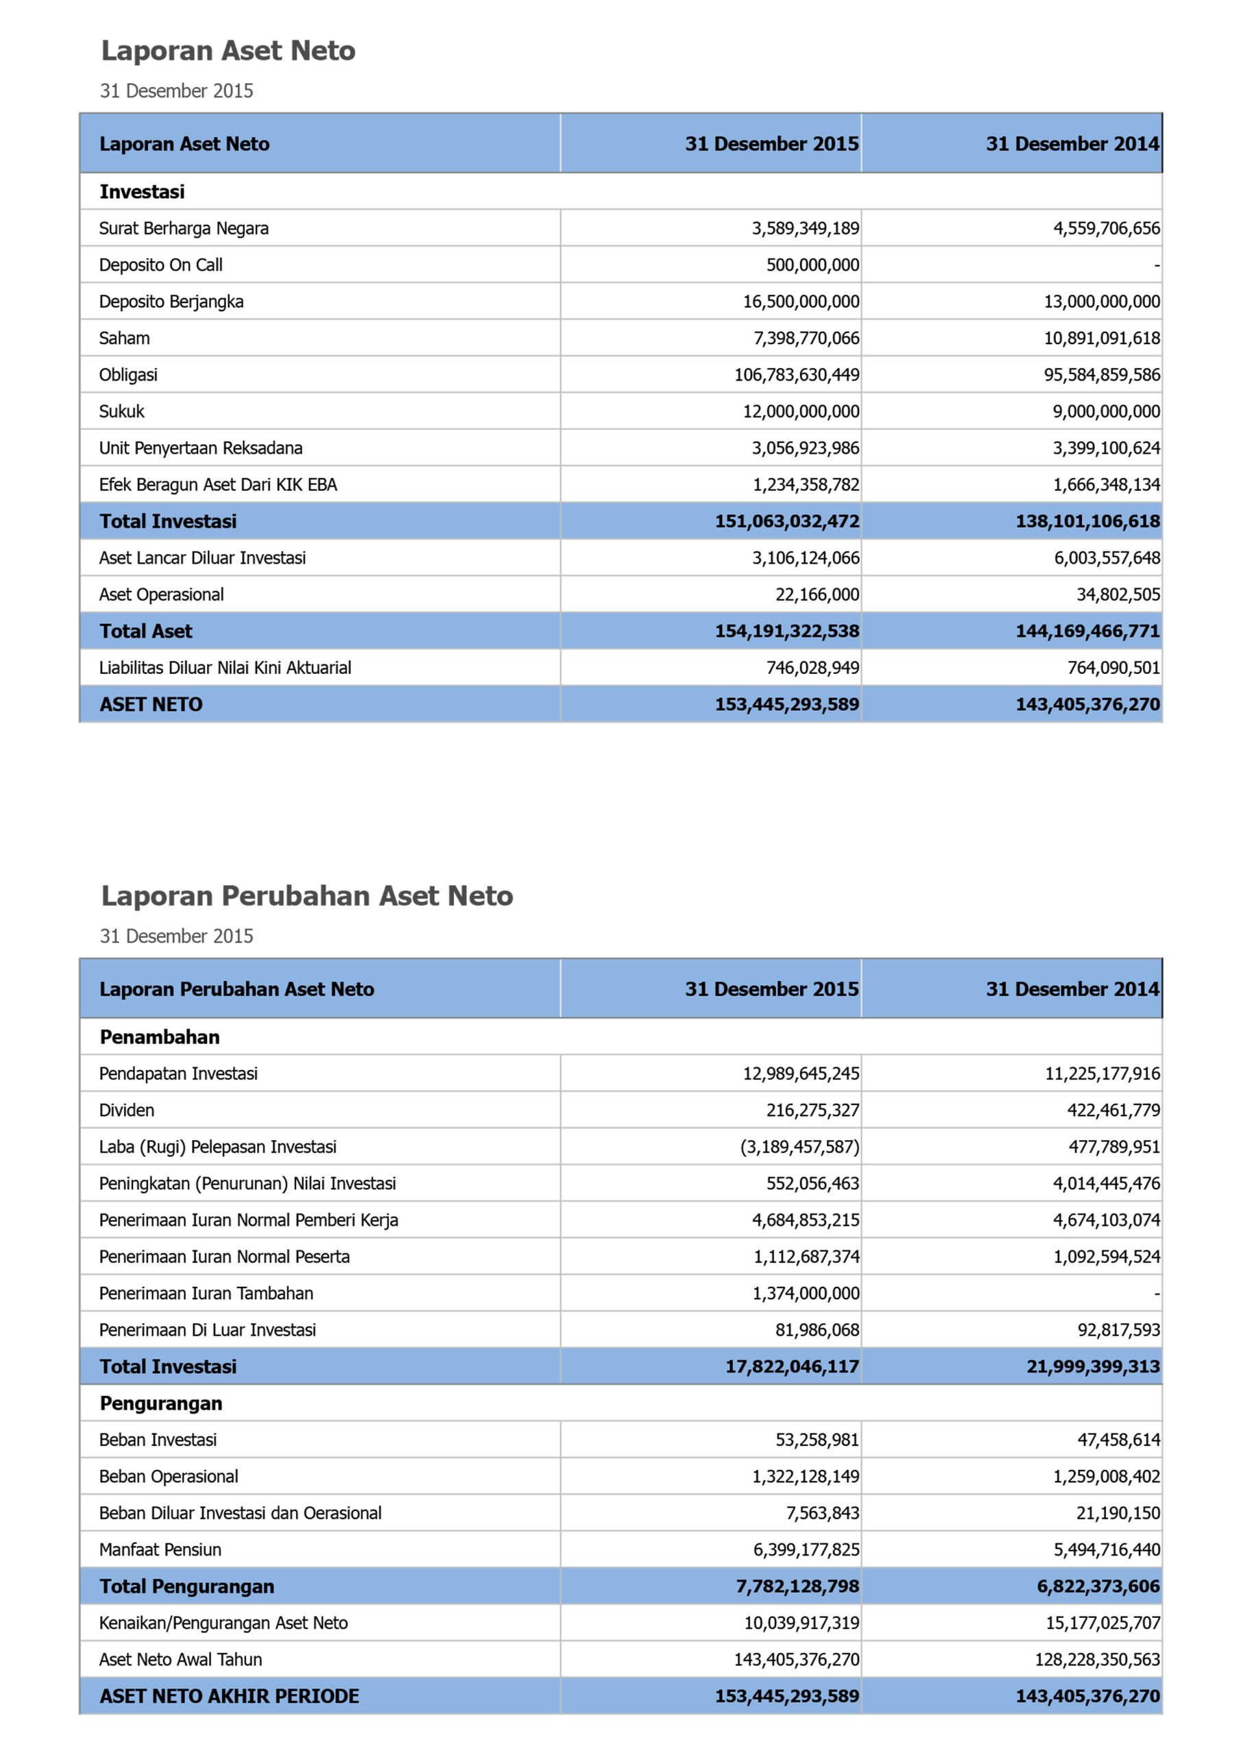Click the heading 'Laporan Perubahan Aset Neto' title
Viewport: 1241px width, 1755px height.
tap(306, 895)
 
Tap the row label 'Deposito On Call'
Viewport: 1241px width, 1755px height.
tap(160, 265)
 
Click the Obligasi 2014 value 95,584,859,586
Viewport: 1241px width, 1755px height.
tap(1102, 374)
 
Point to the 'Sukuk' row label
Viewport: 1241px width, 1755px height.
tap(121, 411)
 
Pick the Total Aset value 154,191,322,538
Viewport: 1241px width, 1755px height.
tap(787, 631)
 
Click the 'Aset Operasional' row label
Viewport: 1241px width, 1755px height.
tap(161, 594)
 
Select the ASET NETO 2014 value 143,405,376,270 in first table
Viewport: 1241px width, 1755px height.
tap(1087, 705)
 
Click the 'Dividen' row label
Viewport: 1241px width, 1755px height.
tap(127, 1110)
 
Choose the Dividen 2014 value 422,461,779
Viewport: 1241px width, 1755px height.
tap(1113, 1110)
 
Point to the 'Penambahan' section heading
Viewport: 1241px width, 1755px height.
tap(160, 1037)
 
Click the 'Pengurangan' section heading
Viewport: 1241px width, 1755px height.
tap(160, 1403)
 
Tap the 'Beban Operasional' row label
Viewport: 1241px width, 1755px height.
tap(168, 1476)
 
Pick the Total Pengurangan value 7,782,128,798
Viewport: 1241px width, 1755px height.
tap(797, 1586)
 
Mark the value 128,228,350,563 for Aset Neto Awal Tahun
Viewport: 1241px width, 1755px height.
tap(1097, 1660)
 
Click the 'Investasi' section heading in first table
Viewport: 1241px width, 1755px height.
tap(142, 191)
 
